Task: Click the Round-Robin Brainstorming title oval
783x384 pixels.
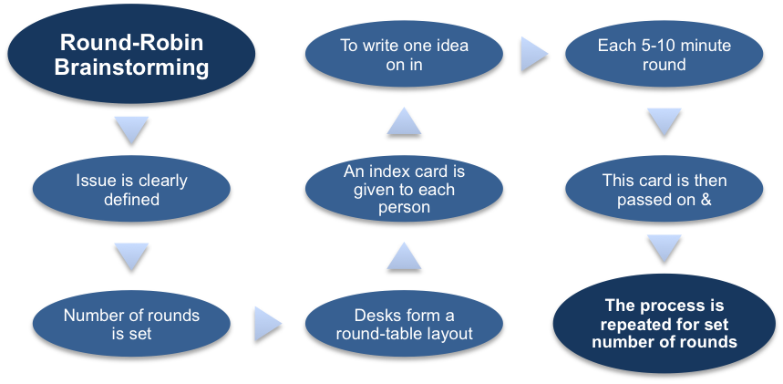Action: click(131, 55)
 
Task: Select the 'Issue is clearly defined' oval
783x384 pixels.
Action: click(131, 190)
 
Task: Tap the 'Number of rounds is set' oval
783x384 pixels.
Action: click(131, 325)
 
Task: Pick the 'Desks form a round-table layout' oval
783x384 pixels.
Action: click(404, 325)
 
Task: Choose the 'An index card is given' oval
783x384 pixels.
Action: click(404, 190)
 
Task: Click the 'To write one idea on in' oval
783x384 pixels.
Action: click(404, 55)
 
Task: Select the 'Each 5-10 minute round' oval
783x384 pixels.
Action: click(665, 55)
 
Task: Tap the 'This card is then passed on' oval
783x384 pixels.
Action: click(665, 190)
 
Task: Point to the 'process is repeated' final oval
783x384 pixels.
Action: click(665, 323)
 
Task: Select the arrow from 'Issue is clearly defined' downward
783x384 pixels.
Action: click(132, 256)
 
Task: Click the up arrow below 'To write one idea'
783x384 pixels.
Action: click(404, 119)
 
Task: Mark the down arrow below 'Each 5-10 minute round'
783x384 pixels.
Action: click(665, 121)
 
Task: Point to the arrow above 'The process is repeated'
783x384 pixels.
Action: click(665, 247)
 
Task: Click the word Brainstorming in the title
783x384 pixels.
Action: click(131, 67)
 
